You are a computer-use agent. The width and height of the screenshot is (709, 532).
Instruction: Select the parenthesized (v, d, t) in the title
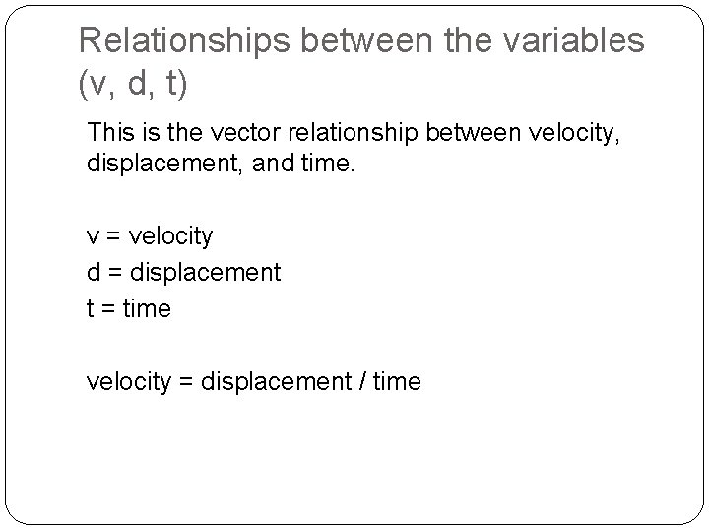tap(132, 86)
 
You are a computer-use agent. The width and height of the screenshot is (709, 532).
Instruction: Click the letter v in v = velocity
tap(94, 237)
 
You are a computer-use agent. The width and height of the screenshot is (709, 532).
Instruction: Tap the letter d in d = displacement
tap(94, 271)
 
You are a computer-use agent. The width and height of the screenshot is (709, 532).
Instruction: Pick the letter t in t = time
tap(92, 308)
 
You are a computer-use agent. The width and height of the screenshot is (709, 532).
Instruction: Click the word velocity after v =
tap(169, 237)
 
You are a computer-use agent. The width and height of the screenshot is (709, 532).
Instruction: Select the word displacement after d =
tap(204, 271)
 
